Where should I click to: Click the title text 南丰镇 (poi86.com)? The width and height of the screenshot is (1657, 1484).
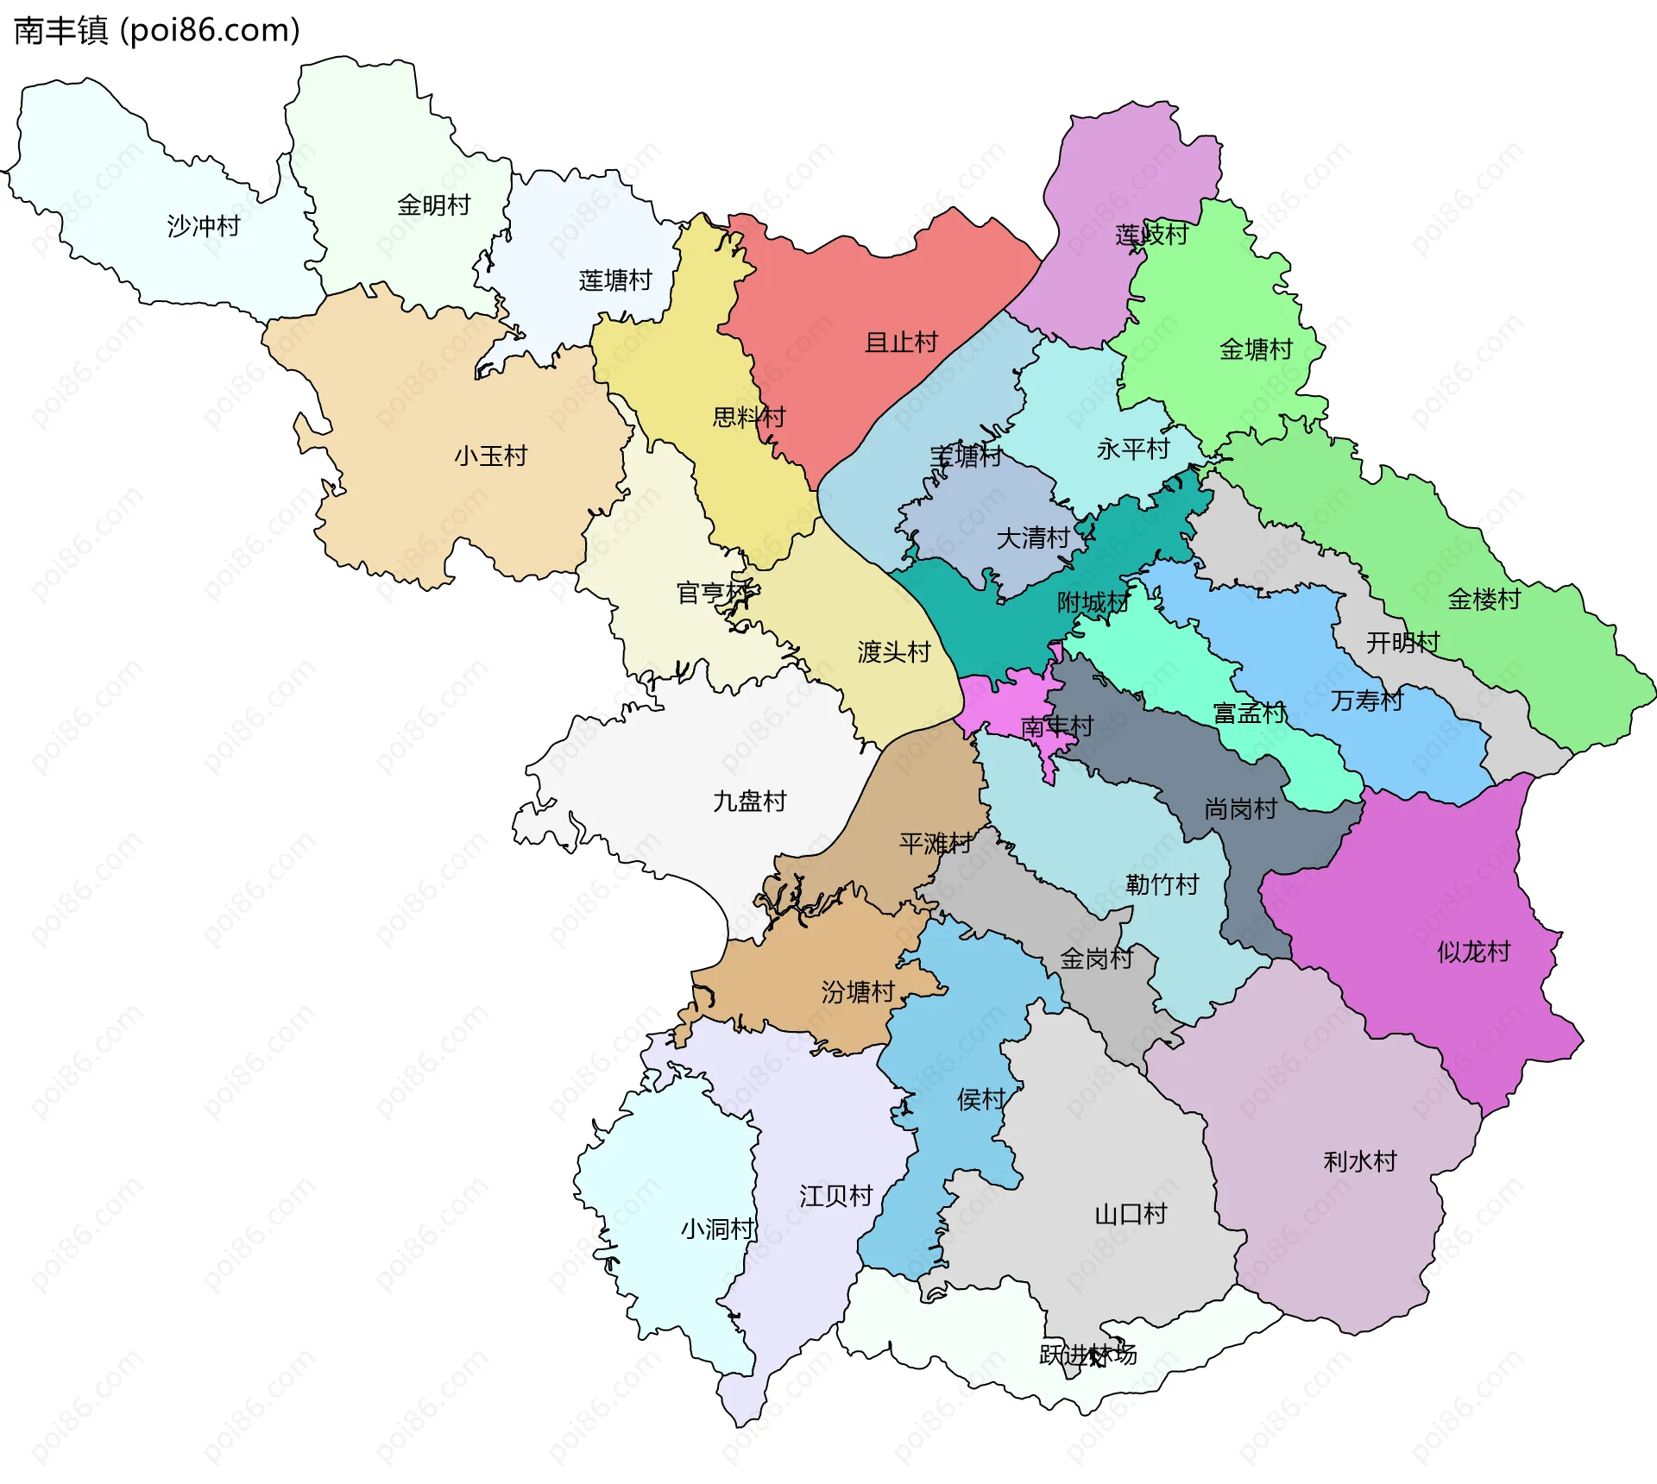tap(157, 30)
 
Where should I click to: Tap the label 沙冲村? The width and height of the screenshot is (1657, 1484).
tap(204, 226)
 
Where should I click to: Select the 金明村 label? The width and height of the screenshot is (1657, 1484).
tap(434, 205)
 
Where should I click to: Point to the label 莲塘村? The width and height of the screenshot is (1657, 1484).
tap(615, 280)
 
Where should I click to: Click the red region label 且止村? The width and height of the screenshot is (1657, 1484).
tap(901, 343)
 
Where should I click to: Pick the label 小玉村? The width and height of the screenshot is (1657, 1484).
tap(491, 456)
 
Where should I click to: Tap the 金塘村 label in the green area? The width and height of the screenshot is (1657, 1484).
tap(1256, 349)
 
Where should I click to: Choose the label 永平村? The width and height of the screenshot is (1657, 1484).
tap(1133, 449)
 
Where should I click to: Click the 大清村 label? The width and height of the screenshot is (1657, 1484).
tap(1033, 538)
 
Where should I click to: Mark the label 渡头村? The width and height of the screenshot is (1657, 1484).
tap(894, 651)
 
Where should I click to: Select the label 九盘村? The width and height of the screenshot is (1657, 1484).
tap(750, 802)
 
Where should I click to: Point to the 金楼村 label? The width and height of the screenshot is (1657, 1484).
tap(1484, 599)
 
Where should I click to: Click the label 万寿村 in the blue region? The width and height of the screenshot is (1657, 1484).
tap(1367, 700)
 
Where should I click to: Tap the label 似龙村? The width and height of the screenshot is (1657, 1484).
tap(1474, 952)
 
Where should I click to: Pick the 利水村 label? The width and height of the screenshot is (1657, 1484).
tap(1360, 1161)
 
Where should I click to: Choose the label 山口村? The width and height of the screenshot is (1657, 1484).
tap(1131, 1214)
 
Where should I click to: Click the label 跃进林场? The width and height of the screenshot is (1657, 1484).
tap(1087, 1355)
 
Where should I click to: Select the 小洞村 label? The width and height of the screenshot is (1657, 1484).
tap(717, 1229)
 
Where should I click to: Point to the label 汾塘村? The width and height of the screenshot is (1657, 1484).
tap(858, 992)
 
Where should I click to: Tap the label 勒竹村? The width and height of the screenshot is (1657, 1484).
tap(1162, 884)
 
